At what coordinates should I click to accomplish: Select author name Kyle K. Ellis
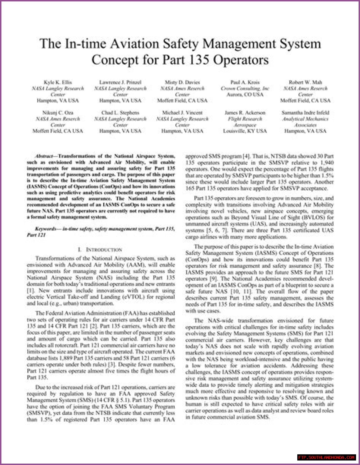(x=58, y=82)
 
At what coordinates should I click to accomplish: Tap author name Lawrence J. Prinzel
(x=120, y=82)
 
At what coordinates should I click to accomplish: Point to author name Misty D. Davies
(x=182, y=82)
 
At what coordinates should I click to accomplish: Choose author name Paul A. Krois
(x=245, y=82)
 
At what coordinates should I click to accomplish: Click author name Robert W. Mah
(x=305, y=82)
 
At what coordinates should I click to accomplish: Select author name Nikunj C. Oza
(x=58, y=113)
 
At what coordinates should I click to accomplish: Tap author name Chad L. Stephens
(x=120, y=113)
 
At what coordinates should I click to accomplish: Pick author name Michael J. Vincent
(x=182, y=113)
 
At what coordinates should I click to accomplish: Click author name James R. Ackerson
(x=245, y=113)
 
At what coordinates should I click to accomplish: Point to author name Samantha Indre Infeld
(x=305, y=113)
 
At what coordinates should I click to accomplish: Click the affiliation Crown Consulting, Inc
(x=245, y=89)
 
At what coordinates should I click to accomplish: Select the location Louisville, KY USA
(x=245, y=131)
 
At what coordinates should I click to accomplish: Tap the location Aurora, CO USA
(x=245, y=95)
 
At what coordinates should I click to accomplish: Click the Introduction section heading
(x=100, y=250)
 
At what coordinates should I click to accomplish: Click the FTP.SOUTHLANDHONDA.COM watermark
(x=327, y=457)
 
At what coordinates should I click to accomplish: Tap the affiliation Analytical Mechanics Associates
(x=305, y=122)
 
